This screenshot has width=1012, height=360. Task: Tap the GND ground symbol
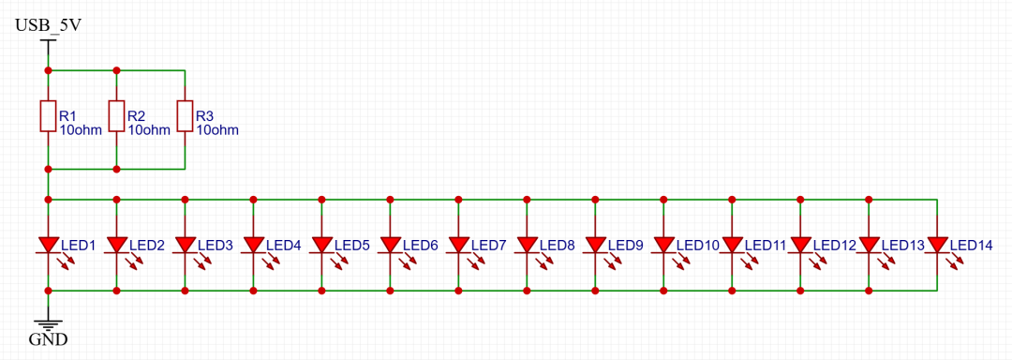click(49, 325)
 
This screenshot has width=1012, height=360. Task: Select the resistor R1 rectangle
click(49, 116)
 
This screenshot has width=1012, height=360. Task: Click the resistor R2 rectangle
click(117, 116)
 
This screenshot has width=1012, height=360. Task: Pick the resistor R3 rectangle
click(186, 116)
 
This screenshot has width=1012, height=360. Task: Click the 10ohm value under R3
click(217, 130)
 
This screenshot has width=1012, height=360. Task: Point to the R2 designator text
click(136, 116)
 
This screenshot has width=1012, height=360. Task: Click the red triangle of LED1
click(49, 245)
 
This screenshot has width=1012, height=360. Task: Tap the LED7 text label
click(488, 246)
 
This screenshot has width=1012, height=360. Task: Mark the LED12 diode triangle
click(800, 245)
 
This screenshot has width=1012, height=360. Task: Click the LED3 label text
click(215, 246)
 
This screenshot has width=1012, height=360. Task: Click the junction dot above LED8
click(528, 200)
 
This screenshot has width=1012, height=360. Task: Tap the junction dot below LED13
click(869, 291)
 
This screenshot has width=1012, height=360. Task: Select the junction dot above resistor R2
click(117, 69)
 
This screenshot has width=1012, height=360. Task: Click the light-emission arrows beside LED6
click(409, 260)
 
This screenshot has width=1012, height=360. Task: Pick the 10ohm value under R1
click(81, 130)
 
